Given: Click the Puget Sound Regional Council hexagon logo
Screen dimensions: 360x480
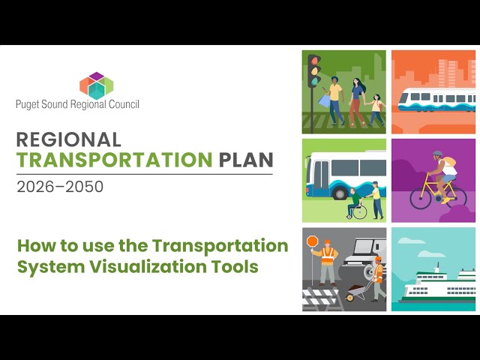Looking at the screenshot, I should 95,85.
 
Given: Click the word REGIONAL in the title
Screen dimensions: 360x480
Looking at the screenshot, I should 68,140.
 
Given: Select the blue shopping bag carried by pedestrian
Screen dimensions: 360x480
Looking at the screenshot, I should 324,99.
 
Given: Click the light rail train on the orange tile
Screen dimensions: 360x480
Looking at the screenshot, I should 436,98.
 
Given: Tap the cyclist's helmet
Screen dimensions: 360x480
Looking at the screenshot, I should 438,156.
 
